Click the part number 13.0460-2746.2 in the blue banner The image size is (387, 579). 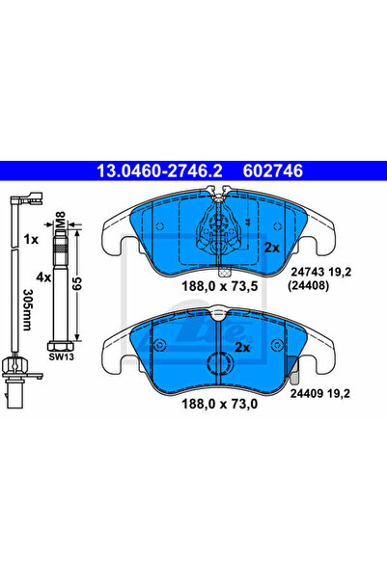(159, 171)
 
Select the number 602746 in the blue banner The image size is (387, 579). (273, 171)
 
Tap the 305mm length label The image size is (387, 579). (28, 309)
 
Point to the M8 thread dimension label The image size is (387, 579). (60, 219)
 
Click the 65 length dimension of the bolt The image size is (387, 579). (77, 283)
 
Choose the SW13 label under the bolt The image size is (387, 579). (62, 356)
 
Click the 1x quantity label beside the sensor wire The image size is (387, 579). (31, 240)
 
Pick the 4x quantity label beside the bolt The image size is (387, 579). (43, 276)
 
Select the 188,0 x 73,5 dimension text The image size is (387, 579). (219, 286)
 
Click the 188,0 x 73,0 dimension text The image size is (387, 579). (219, 404)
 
